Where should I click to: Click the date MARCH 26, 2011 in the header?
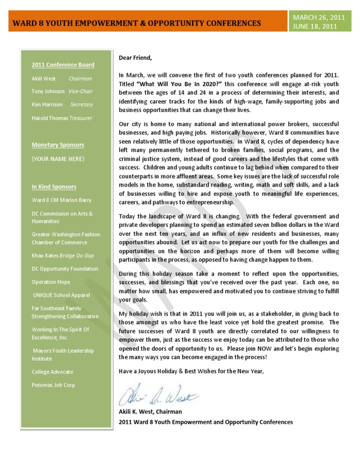coord(319,18)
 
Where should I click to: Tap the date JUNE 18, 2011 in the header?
coord(315,27)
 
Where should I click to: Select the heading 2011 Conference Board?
coord(63,65)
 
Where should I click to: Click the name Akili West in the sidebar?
coord(44,79)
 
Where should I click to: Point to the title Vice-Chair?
coord(80,91)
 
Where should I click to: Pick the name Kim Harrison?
coord(47,105)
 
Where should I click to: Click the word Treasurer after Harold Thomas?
coord(81,118)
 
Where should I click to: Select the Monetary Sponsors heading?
coord(58,145)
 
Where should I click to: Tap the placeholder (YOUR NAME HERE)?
coord(58,159)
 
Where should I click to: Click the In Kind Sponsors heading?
coord(54,187)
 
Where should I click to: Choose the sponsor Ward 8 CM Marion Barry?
coord(61,200)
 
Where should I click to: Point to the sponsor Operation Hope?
coord(51,282)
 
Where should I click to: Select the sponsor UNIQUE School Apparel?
coord(61,295)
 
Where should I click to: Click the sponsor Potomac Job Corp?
coord(53,385)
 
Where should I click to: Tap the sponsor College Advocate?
coord(52,372)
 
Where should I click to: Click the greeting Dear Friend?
coord(135,58)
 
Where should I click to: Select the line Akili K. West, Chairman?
coord(150,412)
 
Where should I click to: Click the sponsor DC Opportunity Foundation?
coord(65,269)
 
